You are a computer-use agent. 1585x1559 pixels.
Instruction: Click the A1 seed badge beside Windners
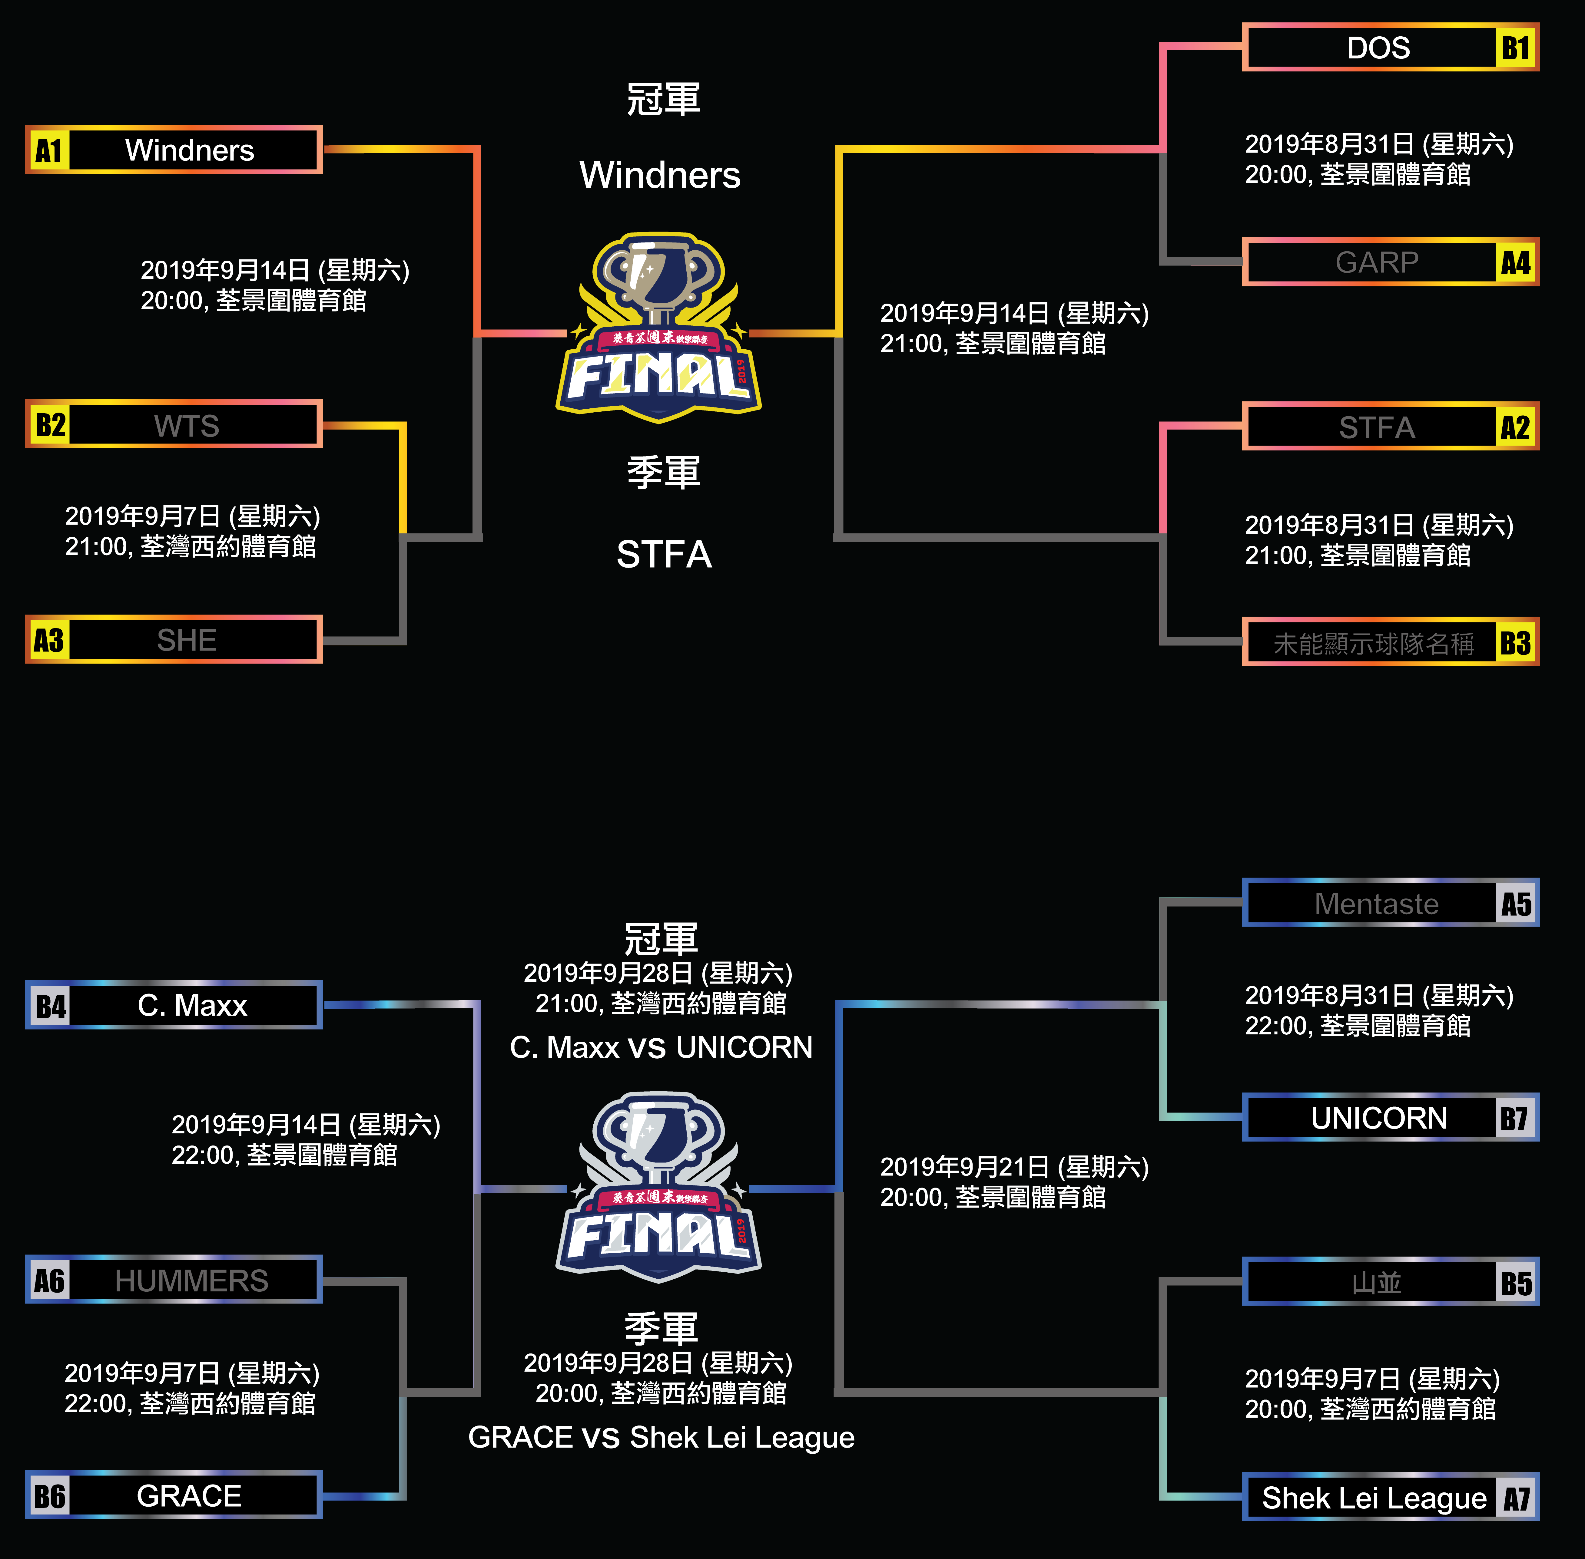click(48, 151)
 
